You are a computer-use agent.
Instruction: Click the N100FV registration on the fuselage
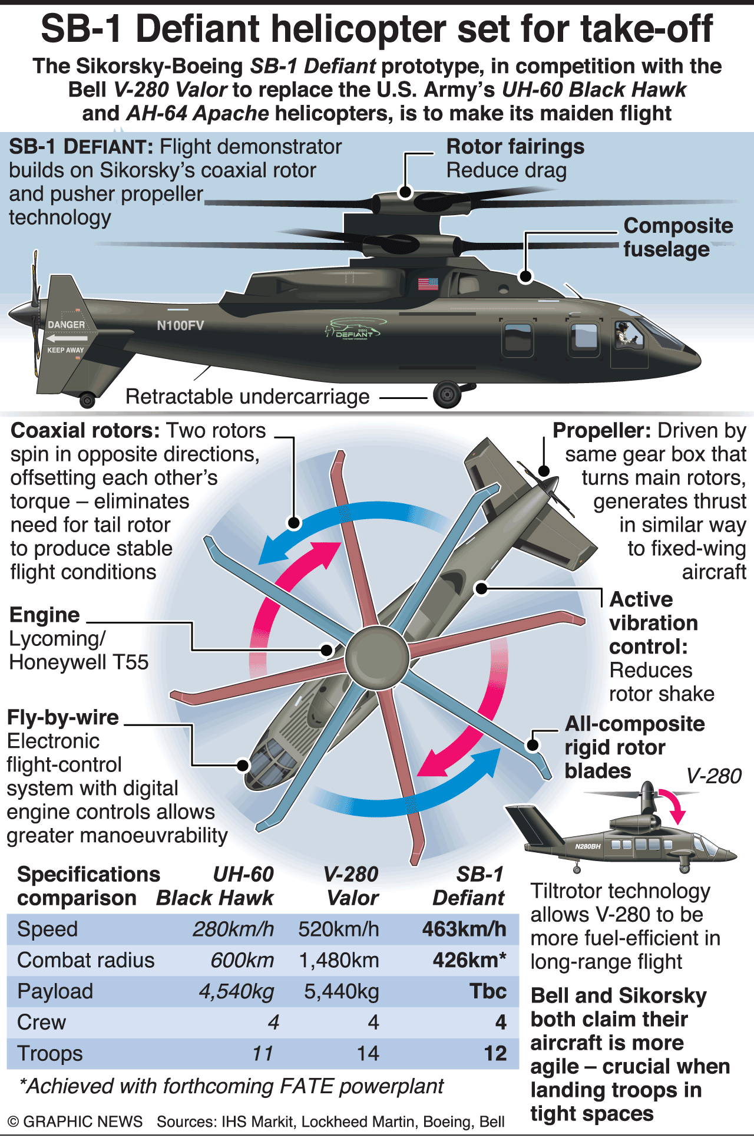pyautogui.click(x=180, y=325)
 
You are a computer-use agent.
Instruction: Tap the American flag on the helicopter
pyautogui.click(x=428, y=283)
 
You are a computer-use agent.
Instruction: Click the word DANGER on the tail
pyautogui.click(x=66, y=325)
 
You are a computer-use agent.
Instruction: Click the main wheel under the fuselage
pyautogui.click(x=447, y=394)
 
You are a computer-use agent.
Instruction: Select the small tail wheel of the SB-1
pyautogui.click(x=87, y=401)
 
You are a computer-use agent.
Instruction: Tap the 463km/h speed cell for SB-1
pyautogui.click(x=464, y=929)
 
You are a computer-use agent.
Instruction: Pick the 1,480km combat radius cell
pyautogui.click(x=339, y=961)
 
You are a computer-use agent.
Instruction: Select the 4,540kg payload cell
pyautogui.click(x=236, y=992)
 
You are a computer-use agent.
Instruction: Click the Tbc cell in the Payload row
pyautogui.click(x=488, y=991)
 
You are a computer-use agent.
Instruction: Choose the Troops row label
pyautogui.click(x=50, y=1054)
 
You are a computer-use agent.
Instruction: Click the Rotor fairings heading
pyautogui.click(x=515, y=147)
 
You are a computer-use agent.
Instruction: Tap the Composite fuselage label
pyautogui.click(x=678, y=238)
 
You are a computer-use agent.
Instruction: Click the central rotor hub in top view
pyautogui.click(x=377, y=657)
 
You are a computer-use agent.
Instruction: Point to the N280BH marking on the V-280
pyautogui.click(x=588, y=846)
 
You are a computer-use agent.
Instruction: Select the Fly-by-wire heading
pyautogui.click(x=63, y=718)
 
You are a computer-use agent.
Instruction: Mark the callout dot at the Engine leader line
pyautogui.click(x=326, y=650)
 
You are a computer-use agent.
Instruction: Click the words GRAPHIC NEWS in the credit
pyautogui.click(x=82, y=1122)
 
